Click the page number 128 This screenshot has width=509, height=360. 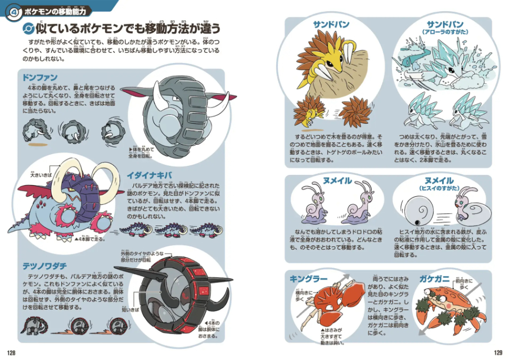click(x=11, y=353)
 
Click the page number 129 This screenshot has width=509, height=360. click(x=497, y=353)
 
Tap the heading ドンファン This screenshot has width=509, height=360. click(x=40, y=77)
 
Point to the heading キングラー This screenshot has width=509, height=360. click(x=308, y=279)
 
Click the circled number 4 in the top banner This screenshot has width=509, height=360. click(x=12, y=11)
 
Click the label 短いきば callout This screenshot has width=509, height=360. click(x=129, y=309)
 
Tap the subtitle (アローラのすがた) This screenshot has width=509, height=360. click(x=445, y=33)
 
